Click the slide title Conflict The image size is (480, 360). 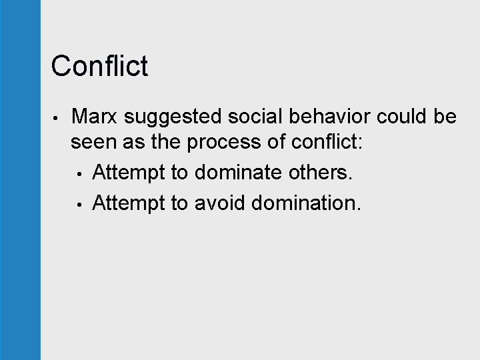tap(99, 66)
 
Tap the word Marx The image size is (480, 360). tap(95, 117)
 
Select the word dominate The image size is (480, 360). tap(237, 173)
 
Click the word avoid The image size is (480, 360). tap(220, 202)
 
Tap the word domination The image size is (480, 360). tap(306, 202)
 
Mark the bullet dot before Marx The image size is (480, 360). tap(59, 118)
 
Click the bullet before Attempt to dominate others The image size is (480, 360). tap(80, 174)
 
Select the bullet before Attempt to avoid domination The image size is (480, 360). tap(80, 203)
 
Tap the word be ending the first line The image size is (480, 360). tap(445, 117)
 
